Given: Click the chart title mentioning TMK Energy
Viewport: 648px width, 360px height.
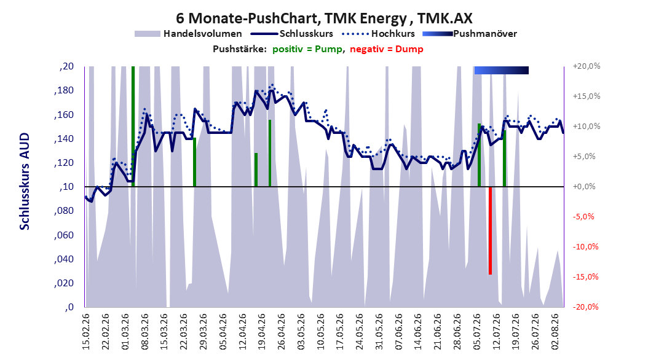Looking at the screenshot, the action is (x=324, y=18).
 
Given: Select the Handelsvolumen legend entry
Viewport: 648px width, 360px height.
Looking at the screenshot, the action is (x=189, y=34).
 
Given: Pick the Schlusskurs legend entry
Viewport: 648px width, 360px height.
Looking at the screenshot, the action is (x=292, y=34).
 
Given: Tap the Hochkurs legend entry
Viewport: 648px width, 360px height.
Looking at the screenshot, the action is (x=378, y=34).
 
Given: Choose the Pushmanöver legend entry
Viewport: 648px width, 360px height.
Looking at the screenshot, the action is (x=470, y=34).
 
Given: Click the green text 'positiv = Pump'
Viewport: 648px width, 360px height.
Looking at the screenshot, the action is (x=307, y=49).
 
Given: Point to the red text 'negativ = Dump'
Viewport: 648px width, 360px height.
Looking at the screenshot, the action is (x=387, y=49).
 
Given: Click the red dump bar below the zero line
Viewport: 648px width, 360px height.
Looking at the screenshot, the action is (x=490, y=230).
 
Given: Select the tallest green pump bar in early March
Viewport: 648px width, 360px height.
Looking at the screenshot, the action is (x=133, y=127).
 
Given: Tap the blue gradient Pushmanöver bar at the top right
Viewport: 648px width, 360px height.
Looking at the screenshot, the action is (x=501, y=70).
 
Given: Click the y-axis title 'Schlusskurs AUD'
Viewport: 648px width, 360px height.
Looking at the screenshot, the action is (x=25, y=181).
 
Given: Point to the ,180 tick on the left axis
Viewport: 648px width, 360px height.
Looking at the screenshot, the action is (x=64, y=90).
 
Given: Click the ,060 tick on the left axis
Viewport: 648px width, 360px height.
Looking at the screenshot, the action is (x=64, y=235).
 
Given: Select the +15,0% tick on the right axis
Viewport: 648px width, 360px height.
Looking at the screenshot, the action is (x=587, y=96).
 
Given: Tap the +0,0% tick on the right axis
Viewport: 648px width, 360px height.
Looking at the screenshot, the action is (x=584, y=187).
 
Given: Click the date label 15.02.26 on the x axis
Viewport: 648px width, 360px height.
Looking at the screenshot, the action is (x=86, y=332).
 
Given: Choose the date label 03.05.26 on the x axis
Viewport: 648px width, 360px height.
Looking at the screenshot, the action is (x=301, y=332).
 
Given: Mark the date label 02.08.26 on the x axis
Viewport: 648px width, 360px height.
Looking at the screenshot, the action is (x=555, y=332).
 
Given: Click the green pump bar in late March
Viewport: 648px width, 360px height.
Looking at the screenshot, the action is (x=195, y=162).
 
